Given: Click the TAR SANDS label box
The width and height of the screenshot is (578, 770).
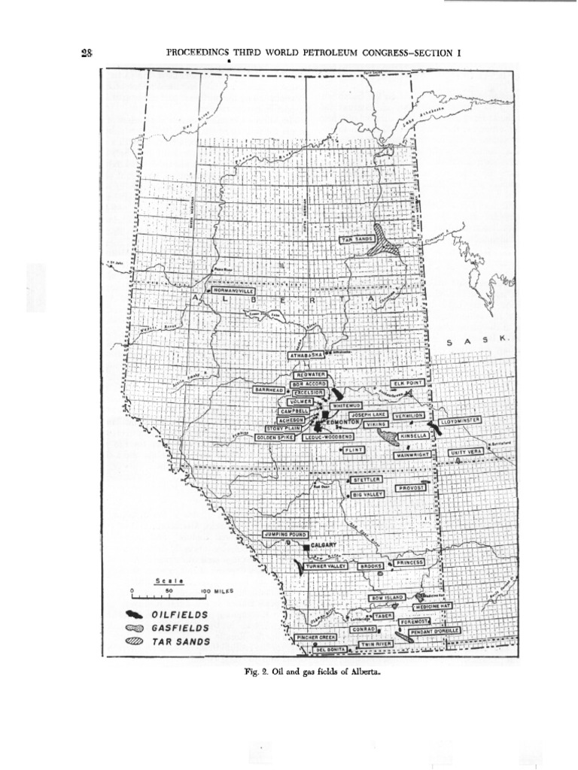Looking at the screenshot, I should coord(355,239).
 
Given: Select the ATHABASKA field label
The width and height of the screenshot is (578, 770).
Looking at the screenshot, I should coord(307,354).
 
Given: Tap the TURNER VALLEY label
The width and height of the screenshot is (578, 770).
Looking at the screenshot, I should coord(324,566).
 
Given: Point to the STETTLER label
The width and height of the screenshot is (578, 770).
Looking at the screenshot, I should coord(367,479).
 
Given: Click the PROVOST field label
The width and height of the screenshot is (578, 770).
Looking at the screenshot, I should coord(412,487).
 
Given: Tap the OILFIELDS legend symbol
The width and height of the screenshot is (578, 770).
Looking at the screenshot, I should coord(139,614).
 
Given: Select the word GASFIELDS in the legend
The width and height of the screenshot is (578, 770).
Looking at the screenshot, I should coord(181,628).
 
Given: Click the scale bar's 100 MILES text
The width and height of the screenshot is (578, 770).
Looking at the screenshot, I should coord(218,591).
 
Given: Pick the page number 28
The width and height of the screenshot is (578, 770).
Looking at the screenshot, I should coord(86,51).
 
